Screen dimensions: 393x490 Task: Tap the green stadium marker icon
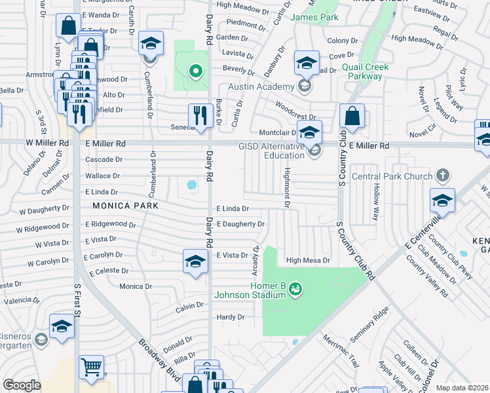295,288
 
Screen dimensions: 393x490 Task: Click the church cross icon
443,175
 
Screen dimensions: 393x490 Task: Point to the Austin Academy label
261,87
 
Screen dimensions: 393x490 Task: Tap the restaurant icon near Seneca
198,116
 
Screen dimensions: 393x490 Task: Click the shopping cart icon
91,367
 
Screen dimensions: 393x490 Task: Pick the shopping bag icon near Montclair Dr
352,116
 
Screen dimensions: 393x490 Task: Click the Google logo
22,386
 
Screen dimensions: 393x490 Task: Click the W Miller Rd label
48,143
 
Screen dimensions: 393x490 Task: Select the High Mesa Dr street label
307,260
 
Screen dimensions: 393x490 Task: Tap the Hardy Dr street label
230,317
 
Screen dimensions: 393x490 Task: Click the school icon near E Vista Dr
195,261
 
